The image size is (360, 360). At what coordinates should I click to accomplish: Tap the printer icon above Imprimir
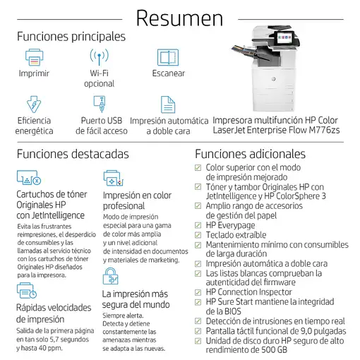click(34, 56)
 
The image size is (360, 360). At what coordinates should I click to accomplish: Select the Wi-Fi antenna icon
click(99, 56)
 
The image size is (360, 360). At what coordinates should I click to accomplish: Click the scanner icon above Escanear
click(167, 56)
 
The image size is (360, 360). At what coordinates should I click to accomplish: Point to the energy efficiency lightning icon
click(34, 104)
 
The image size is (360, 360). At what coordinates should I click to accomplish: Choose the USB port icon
click(99, 104)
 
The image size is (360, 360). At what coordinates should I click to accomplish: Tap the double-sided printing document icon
click(167, 104)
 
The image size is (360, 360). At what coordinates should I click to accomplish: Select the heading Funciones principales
click(71, 35)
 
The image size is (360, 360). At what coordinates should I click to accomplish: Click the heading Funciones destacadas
click(73, 153)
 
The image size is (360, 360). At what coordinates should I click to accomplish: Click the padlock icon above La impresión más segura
click(111, 276)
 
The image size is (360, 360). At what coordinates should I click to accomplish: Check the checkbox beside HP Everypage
click(198, 225)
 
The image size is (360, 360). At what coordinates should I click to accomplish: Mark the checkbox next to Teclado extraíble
click(198, 235)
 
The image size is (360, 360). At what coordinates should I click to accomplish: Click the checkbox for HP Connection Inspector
click(198, 292)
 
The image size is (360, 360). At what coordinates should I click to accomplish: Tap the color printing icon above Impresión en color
click(113, 177)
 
